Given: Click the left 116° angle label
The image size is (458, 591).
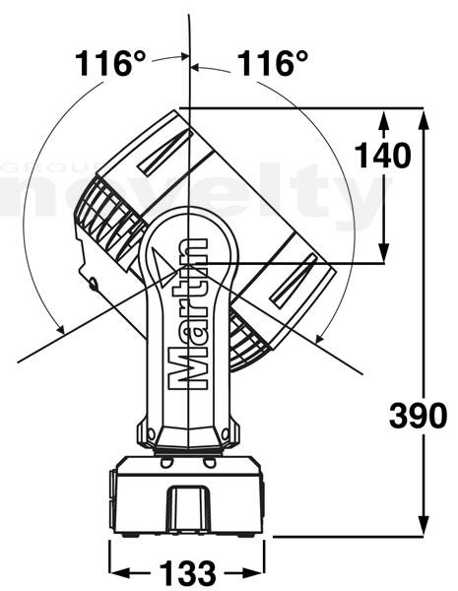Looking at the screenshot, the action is (x=110, y=63).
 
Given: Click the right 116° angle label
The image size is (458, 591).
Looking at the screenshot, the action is (x=273, y=63).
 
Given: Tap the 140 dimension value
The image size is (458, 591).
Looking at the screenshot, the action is (x=382, y=156).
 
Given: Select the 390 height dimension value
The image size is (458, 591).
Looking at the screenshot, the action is (x=418, y=415).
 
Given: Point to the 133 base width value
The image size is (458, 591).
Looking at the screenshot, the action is (x=187, y=573).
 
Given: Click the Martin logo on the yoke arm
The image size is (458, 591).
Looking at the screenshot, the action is (x=187, y=313).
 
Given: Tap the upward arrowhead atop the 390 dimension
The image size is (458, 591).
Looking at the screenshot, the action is (x=424, y=120).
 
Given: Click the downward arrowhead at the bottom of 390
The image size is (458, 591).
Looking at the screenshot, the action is (x=424, y=524).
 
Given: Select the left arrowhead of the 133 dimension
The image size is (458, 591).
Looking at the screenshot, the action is (x=119, y=573).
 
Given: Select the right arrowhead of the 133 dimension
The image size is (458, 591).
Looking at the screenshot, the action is (x=254, y=573).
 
